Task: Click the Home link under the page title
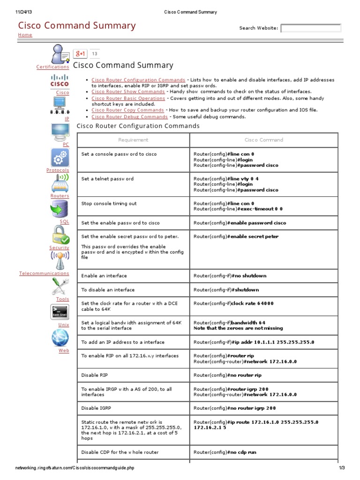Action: (25, 35)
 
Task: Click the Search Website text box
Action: (311, 28)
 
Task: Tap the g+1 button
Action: (80, 54)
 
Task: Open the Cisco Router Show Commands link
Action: (128, 92)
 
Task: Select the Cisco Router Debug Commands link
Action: (129, 117)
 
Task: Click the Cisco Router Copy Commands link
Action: (127, 110)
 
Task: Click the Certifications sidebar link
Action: (52, 67)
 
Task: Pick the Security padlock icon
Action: (60, 234)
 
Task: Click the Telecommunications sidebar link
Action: (44, 273)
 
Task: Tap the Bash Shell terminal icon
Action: (60, 312)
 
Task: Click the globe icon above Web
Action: (60, 337)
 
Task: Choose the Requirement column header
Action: (133, 140)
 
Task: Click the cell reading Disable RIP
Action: (94, 375)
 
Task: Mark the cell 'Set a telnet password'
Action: (107, 179)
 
